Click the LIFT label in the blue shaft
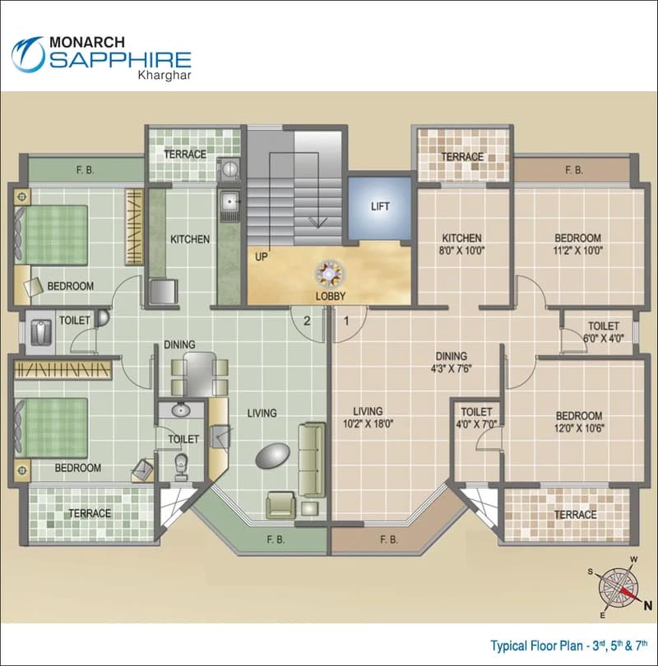[380, 206]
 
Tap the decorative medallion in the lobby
[329, 275]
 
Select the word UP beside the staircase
[262, 257]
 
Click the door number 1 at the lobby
[346, 321]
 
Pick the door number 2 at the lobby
[307, 321]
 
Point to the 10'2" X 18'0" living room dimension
[368, 423]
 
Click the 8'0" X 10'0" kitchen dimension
[461, 250]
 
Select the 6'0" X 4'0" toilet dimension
[604, 339]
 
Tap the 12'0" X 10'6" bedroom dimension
[579, 428]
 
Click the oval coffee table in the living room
[273, 456]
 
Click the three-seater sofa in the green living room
[313, 460]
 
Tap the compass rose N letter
[647, 606]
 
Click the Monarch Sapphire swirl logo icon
[28, 54]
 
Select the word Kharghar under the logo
[164, 75]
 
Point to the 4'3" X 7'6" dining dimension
[451, 368]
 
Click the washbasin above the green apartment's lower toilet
[181, 410]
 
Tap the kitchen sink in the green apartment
[229, 201]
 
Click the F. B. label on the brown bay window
[389, 540]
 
